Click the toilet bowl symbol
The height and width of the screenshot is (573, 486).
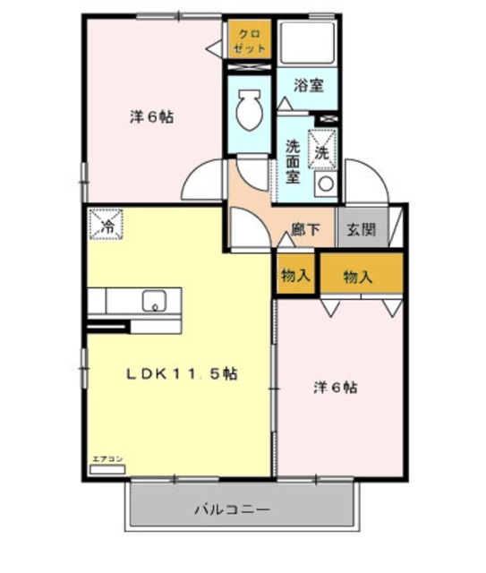point(249,112)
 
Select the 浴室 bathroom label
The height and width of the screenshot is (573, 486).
point(309,88)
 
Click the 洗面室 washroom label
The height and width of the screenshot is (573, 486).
point(293,159)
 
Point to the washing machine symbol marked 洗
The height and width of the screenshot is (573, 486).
point(322,151)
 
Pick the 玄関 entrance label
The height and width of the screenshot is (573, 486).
point(362,229)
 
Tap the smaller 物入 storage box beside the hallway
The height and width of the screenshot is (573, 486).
point(294,276)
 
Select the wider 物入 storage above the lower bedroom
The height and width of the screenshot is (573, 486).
point(358,277)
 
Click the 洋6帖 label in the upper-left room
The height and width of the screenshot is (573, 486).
point(151,117)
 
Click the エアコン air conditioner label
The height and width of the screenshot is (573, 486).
point(107,458)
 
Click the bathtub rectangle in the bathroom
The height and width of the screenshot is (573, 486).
point(309,41)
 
